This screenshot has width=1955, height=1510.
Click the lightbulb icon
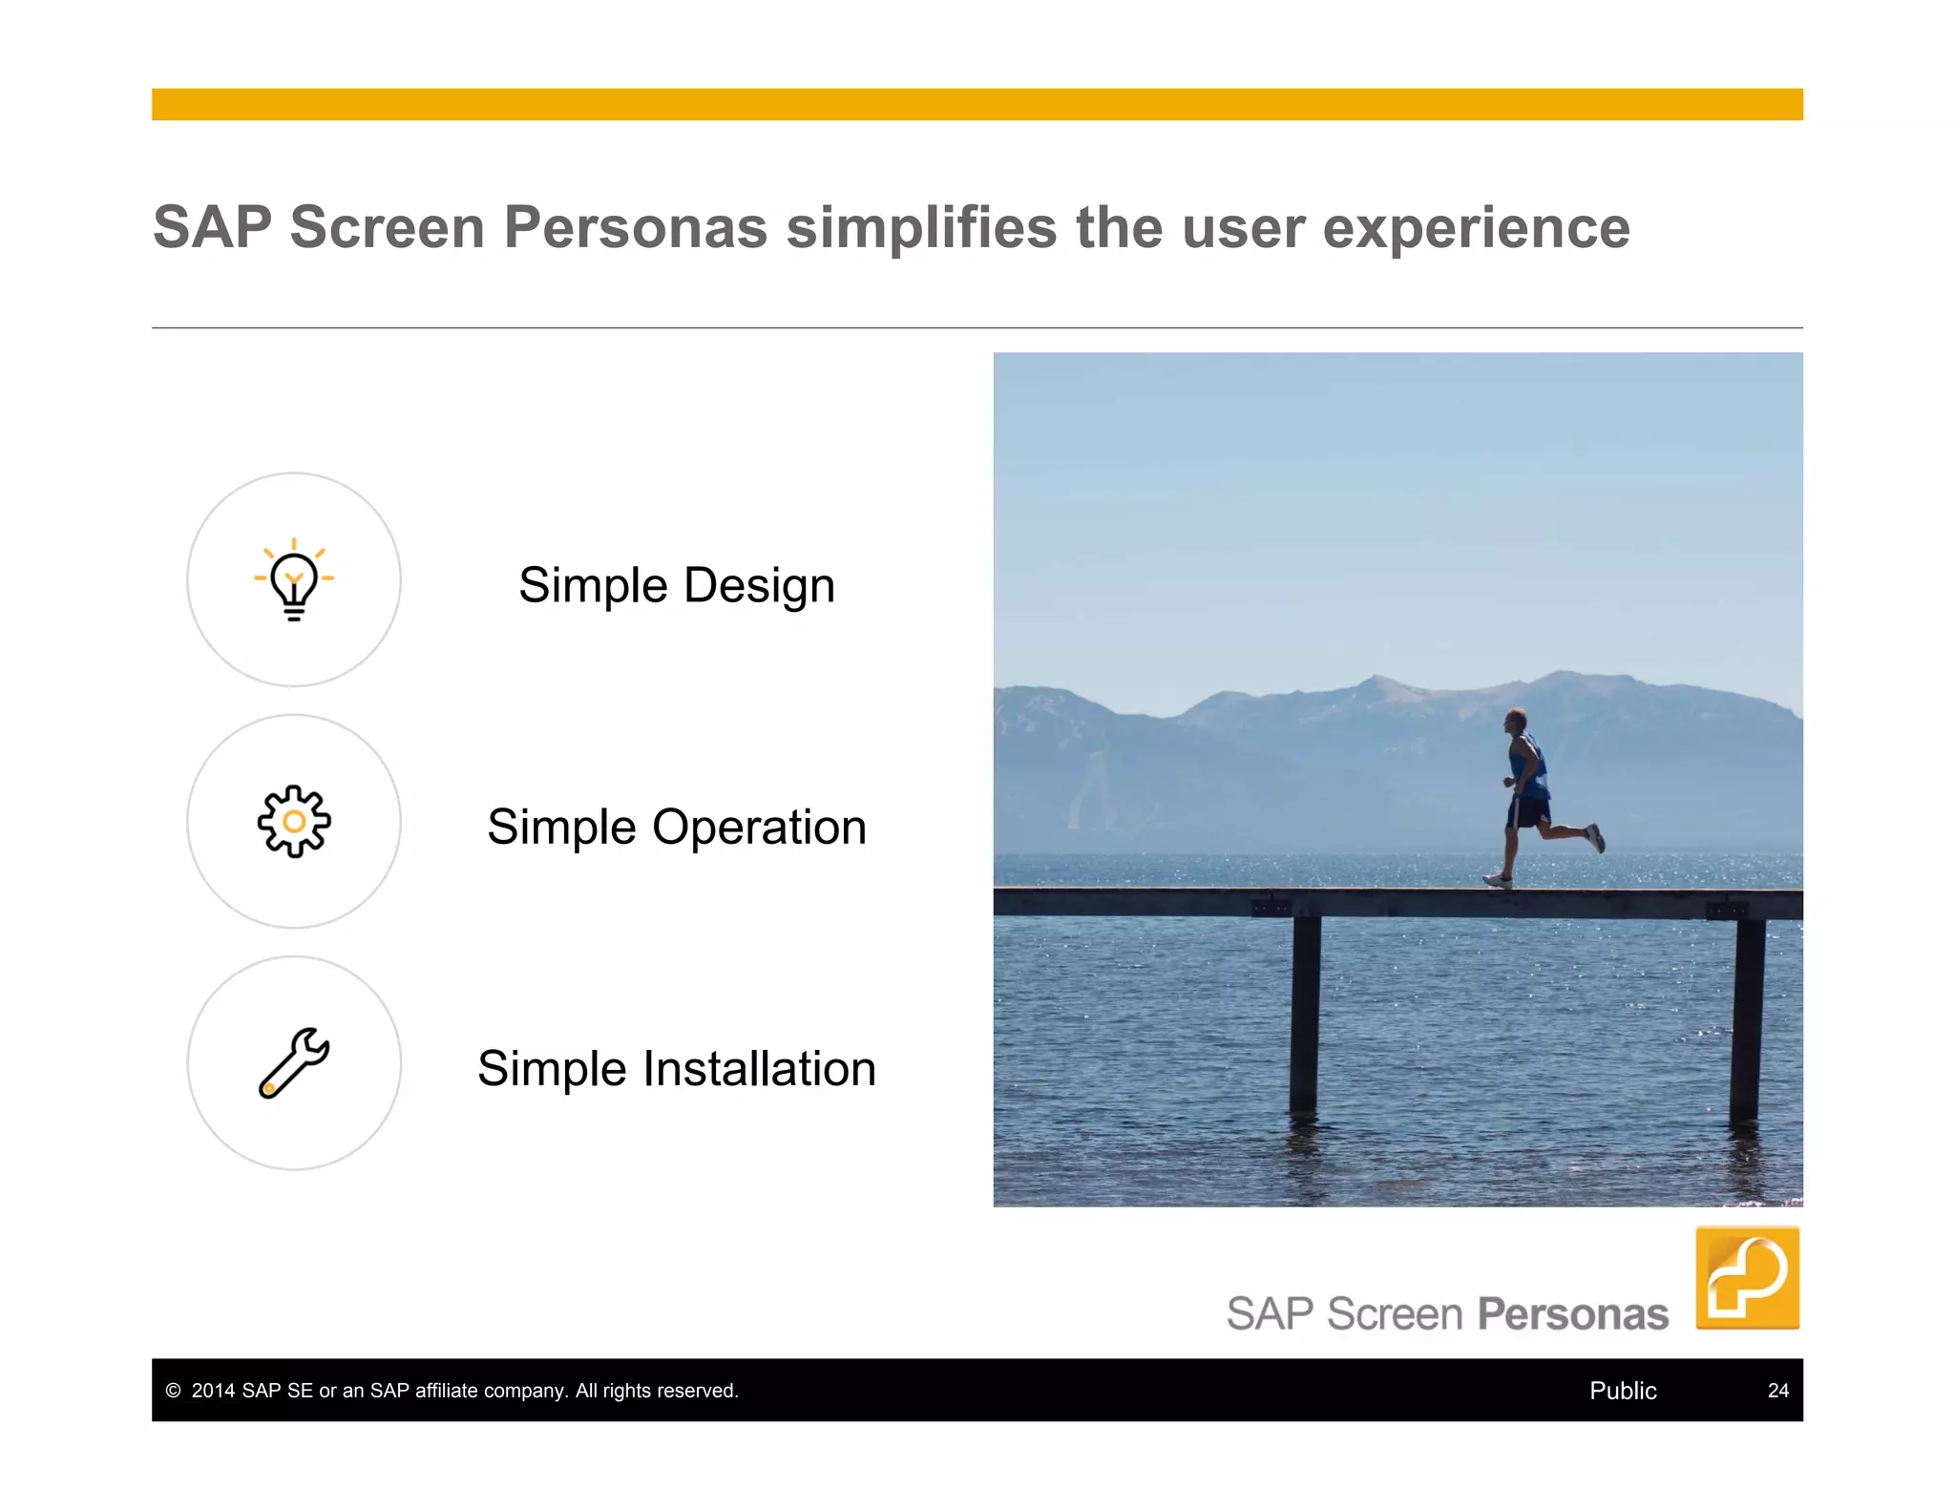click(x=294, y=580)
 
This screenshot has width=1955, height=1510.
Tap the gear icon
click(x=294, y=821)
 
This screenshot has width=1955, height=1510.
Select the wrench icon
click(x=294, y=1062)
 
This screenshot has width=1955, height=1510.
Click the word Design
click(x=759, y=585)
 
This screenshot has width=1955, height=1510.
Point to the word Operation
click(x=759, y=827)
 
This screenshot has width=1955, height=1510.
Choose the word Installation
click(x=759, y=1068)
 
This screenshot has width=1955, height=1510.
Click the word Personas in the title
click(x=635, y=227)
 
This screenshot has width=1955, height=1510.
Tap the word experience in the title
click(x=1476, y=227)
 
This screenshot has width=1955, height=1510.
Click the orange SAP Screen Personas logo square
click(x=1747, y=1277)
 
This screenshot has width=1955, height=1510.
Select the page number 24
click(x=1777, y=1391)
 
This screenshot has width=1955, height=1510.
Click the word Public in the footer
click(x=1622, y=1391)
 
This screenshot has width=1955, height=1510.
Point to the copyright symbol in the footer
click(x=173, y=1391)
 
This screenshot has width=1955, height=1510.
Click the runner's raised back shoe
click(x=1595, y=838)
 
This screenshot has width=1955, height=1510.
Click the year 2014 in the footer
click(x=213, y=1391)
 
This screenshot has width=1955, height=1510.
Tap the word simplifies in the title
click(x=921, y=227)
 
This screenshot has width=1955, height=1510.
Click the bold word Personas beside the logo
click(x=1572, y=1314)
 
